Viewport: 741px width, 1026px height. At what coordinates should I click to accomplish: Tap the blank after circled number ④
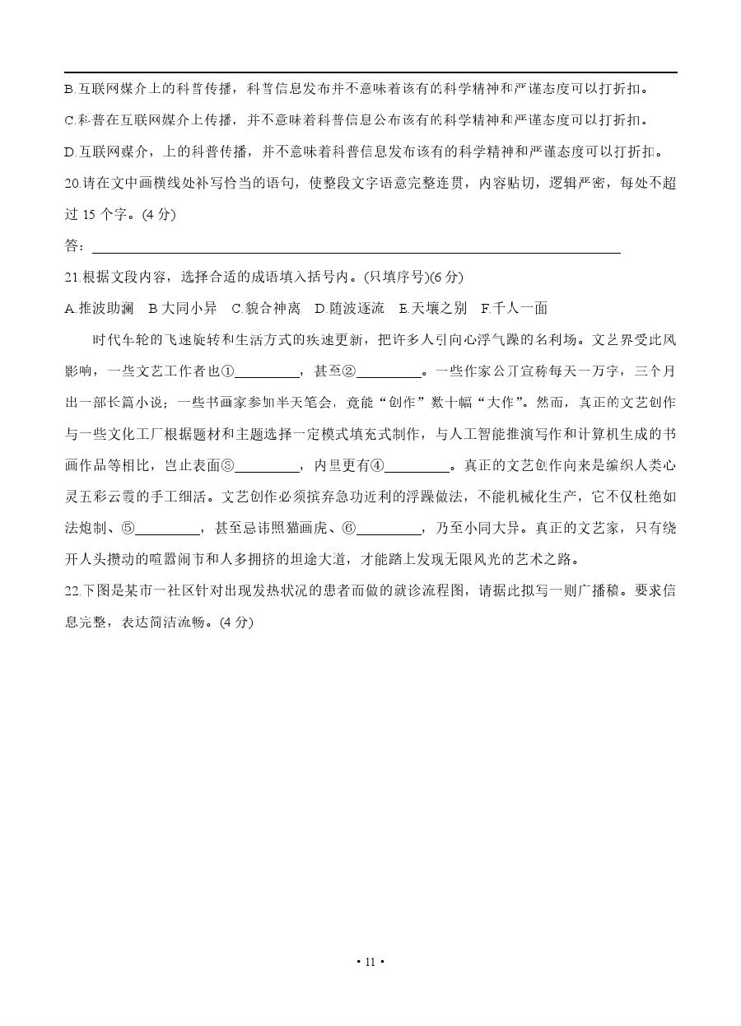tap(417, 467)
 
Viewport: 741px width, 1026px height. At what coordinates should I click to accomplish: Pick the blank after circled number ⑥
tap(388, 529)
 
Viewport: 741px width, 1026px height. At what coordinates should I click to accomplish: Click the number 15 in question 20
tap(91, 216)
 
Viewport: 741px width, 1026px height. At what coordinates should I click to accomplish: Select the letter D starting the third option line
tap(68, 152)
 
